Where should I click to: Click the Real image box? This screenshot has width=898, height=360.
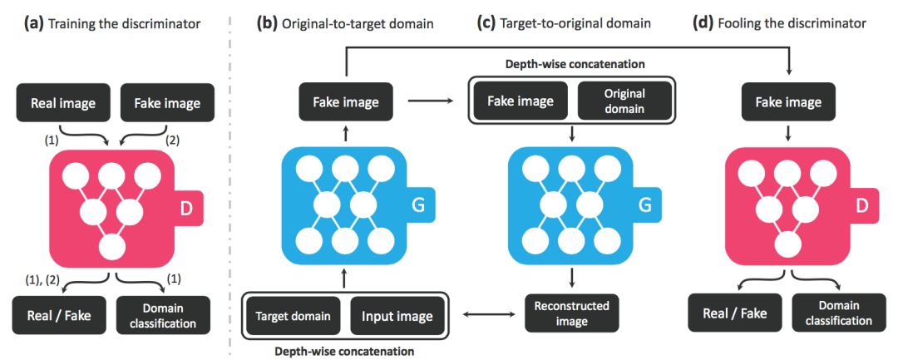tap(62, 104)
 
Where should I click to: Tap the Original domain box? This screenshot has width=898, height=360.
tap(624, 101)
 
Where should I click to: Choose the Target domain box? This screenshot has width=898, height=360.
tap(293, 316)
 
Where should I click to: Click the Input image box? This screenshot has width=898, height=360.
tap(397, 316)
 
